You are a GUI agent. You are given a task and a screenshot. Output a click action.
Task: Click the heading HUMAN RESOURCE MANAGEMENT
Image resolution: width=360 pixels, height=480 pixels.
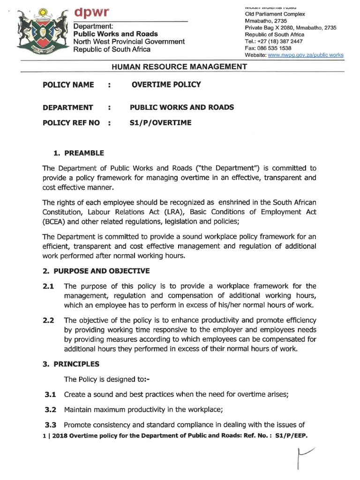click(179, 67)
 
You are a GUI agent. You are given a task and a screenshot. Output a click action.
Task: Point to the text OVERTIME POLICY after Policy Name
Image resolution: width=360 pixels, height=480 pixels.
click(166, 85)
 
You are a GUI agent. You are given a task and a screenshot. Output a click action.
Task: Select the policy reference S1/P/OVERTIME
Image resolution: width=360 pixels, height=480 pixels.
click(161, 123)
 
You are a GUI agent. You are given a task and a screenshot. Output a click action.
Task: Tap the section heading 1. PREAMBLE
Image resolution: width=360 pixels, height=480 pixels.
click(78, 153)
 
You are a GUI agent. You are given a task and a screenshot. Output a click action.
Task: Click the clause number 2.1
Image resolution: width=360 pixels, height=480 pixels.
click(49, 286)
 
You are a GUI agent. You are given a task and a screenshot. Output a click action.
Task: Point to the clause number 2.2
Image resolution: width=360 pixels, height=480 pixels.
click(49, 321)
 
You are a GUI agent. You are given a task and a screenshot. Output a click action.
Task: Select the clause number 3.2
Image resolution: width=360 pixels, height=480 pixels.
click(50, 409)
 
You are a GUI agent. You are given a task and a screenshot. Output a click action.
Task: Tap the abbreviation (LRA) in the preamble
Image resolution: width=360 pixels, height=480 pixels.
click(176, 212)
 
